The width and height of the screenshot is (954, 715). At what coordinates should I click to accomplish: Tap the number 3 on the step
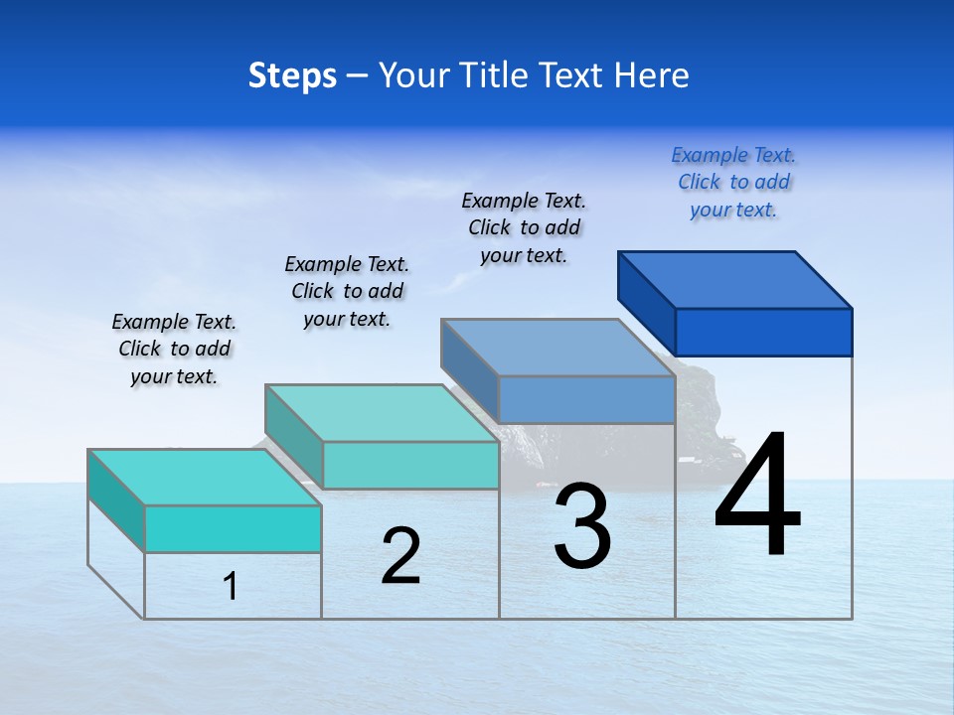point(582,525)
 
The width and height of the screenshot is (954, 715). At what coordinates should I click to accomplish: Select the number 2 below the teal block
point(401,555)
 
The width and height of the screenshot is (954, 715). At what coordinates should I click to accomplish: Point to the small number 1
point(231,586)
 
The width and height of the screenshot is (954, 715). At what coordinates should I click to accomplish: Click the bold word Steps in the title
point(292,75)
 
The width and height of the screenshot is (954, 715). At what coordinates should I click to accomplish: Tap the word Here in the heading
point(652,75)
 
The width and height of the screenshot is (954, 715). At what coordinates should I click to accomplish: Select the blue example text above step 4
point(733,183)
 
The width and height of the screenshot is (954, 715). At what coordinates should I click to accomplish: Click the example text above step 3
point(524,227)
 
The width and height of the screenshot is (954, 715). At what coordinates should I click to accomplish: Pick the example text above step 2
point(347,291)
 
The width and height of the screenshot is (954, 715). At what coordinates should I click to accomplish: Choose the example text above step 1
point(174,349)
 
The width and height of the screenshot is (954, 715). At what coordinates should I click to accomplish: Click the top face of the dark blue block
point(735,280)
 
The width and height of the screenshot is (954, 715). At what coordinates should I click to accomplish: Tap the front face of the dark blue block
point(763,332)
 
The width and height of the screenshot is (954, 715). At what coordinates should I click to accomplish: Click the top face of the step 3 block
point(558,348)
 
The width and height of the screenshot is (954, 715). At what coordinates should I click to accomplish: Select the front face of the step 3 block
point(586,400)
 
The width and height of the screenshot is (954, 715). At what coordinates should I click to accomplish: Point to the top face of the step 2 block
point(382,413)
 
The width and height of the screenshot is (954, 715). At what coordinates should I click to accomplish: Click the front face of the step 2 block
point(410,465)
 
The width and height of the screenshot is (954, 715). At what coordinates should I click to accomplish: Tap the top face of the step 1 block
point(205,478)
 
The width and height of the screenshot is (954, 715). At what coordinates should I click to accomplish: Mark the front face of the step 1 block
point(233,528)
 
